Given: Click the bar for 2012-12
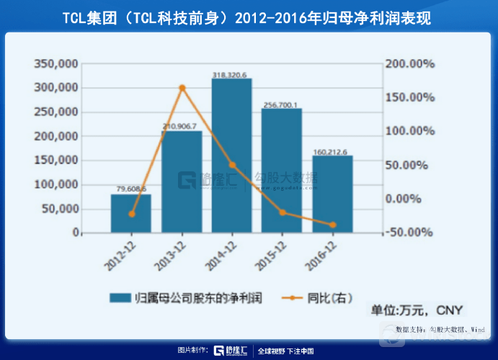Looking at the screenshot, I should (130, 214).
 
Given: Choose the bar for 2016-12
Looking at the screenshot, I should (332, 194).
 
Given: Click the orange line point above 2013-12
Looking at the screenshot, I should (182, 88).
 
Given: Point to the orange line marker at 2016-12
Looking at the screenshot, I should (332, 225).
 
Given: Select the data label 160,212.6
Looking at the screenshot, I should (331, 152).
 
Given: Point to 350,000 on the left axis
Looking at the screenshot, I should (55, 63).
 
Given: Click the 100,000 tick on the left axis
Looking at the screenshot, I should (55, 184).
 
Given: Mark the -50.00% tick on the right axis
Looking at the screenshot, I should (409, 233).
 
